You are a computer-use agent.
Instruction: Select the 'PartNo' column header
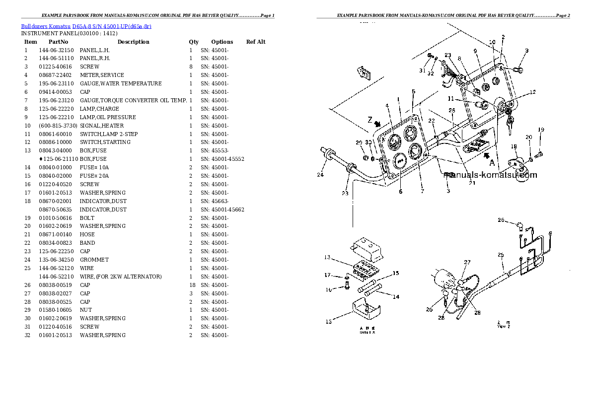[x=58, y=42]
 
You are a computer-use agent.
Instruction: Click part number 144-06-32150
[x=56, y=50]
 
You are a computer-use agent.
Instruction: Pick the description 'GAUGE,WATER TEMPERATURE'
[x=120, y=83]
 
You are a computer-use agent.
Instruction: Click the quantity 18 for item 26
[x=191, y=285]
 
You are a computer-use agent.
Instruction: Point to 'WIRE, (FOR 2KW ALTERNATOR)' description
[x=120, y=277]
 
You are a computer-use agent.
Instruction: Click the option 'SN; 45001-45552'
[x=222, y=159]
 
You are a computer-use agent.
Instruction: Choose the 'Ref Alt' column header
[x=256, y=42]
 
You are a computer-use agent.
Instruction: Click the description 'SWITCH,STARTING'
[x=105, y=142]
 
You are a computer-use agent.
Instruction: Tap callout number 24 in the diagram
[x=320, y=174]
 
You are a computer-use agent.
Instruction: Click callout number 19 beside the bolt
[x=541, y=130]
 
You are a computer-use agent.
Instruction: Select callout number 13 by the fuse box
[x=327, y=257]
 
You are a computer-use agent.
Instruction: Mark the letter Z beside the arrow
[x=369, y=119]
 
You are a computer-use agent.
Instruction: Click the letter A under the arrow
[x=492, y=162]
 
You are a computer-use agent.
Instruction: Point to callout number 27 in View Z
[x=467, y=262]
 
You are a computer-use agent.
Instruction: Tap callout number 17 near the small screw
[x=327, y=275]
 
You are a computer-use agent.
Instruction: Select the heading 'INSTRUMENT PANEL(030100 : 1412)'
[x=69, y=33]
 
